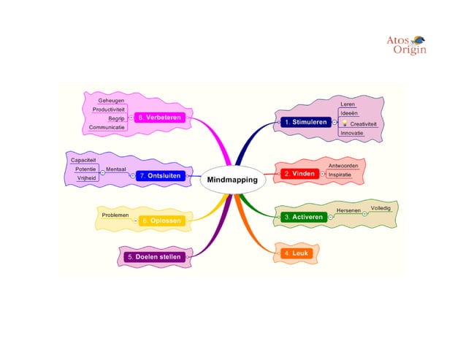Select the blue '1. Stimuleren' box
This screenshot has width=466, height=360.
(x=305, y=123)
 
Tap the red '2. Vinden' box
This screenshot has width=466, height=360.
(x=299, y=174)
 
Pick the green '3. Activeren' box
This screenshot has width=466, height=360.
(x=305, y=217)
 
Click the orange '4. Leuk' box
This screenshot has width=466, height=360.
(x=297, y=253)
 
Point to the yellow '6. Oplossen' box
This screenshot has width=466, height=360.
(x=161, y=220)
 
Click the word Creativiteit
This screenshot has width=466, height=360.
(x=364, y=124)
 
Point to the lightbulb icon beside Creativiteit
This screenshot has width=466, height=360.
(x=344, y=124)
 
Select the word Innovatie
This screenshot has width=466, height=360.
(x=352, y=133)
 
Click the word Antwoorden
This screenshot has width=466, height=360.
(x=343, y=166)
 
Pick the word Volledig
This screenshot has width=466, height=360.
(x=381, y=209)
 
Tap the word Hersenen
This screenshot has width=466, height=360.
(x=348, y=211)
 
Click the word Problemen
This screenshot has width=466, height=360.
(x=115, y=215)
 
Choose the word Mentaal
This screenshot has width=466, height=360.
(x=116, y=169)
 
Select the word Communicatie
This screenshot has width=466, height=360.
(x=107, y=127)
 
